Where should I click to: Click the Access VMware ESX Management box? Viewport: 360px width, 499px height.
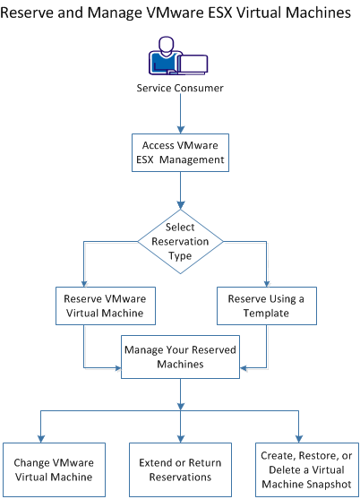[x=180, y=153]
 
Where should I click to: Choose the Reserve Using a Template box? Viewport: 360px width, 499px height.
[x=267, y=306]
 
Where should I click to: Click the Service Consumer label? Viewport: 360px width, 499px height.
[x=180, y=88]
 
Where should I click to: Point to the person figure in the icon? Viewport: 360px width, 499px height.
[x=165, y=56]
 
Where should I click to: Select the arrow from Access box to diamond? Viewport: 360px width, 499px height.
[x=180, y=191]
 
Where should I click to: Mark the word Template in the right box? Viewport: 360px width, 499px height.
[x=267, y=314]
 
